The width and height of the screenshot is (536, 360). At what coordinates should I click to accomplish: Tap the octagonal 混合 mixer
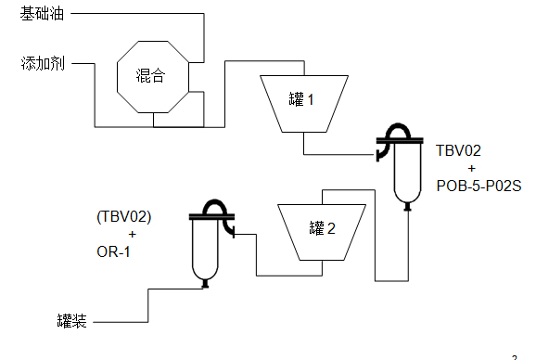click(153, 75)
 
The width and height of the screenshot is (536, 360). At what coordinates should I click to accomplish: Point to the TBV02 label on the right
click(459, 149)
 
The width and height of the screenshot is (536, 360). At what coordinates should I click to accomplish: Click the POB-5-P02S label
click(479, 186)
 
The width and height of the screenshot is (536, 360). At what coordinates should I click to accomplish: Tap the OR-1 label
click(113, 251)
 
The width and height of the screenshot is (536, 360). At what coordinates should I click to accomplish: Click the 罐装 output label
click(71, 321)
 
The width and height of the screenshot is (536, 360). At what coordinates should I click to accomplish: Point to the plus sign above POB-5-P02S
click(472, 168)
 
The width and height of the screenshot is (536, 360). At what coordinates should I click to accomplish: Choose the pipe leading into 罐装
click(121, 321)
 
